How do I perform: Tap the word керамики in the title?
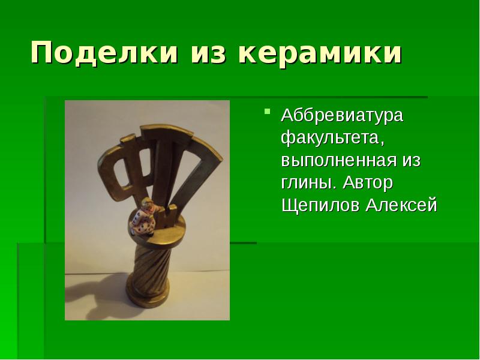tap(319, 54)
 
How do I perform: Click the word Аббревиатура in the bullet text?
tap(343, 115)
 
